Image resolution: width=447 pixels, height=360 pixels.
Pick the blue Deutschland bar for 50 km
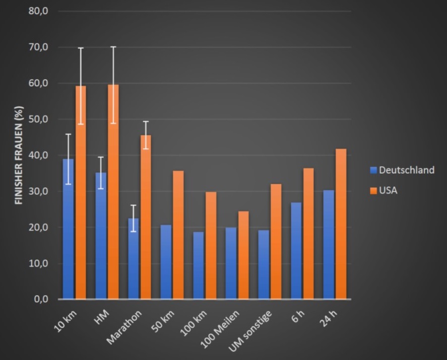[166, 262]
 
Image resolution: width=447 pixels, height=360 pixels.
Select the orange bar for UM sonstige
[276, 242]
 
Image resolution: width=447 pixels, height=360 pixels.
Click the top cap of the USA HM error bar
[113, 47]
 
